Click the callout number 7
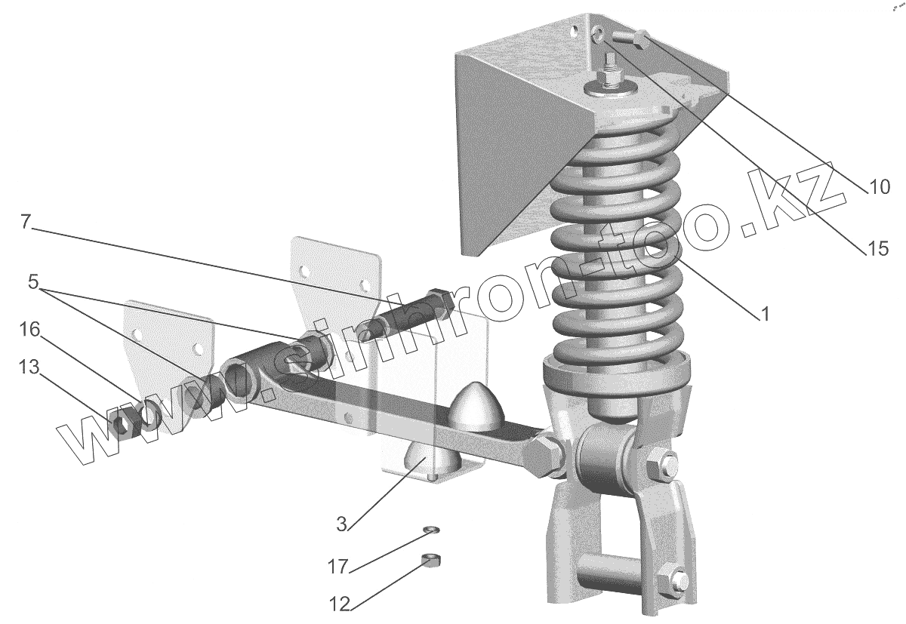click(x=26, y=223)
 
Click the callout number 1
click(x=765, y=313)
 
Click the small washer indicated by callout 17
click(x=431, y=531)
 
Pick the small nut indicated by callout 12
click(x=431, y=560)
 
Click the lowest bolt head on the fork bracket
click(x=677, y=581)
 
